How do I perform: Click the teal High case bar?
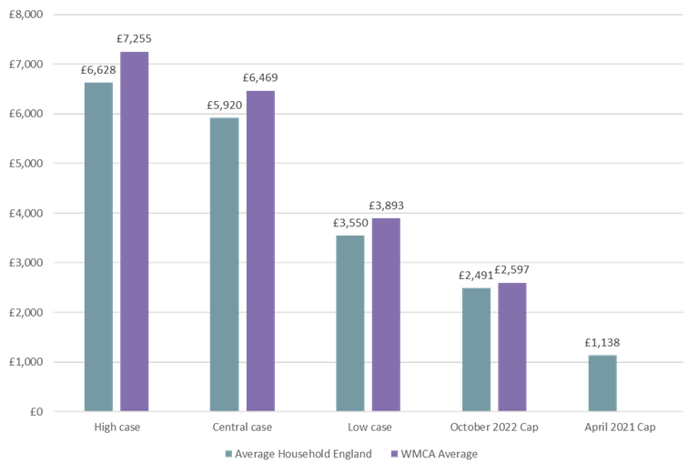98,246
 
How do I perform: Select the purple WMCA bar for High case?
135,231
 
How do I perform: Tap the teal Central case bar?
224,264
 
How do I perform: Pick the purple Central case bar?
260,250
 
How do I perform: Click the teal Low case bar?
350,323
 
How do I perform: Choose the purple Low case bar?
386,314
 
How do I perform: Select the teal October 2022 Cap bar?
476,349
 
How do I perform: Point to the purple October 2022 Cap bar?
511,347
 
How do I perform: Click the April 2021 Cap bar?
602,383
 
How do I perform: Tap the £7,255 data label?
134,40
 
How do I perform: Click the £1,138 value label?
602,343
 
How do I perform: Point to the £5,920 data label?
224,106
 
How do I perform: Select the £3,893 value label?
386,206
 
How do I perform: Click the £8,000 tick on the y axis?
27,15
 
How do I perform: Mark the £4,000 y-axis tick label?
27,213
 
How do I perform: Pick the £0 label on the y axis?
35,412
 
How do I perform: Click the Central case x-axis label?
242,426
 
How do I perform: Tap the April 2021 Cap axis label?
620,426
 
